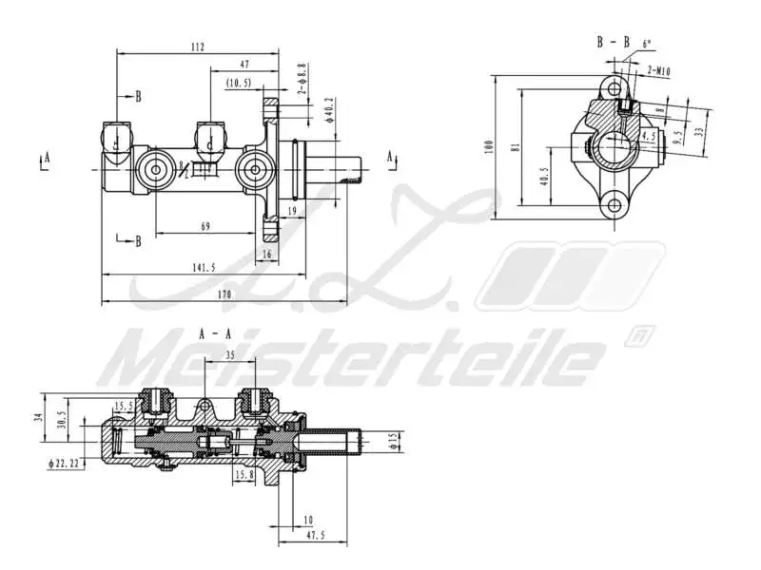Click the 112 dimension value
pyautogui.click(x=197, y=47)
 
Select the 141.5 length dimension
pyautogui.click(x=204, y=268)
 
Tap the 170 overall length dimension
pyautogui.click(x=224, y=294)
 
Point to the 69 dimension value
pyautogui.click(x=205, y=226)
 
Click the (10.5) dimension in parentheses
pyautogui.click(x=239, y=84)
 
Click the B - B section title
pyautogui.click(x=613, y=42)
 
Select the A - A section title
pyautogui.click(x=216, y=333)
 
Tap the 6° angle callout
pyautogui.click(x=649, y=44)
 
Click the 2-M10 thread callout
pyautogui.click(x=657, y=70)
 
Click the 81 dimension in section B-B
pyautogui.click(x=516, y=147)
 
